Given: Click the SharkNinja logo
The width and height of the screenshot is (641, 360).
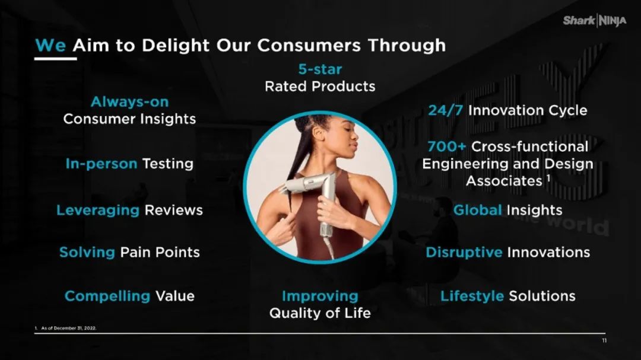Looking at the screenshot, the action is (594, 20).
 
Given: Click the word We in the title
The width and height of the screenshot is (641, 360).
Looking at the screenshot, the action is (50, 45).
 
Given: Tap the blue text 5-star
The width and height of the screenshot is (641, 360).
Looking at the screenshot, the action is (320, 69).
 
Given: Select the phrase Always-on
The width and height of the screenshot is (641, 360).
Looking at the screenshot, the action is (129, 102).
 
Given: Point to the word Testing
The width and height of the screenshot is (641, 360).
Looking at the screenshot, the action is (167, 164).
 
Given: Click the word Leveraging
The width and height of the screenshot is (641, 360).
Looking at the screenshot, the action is (98, 211).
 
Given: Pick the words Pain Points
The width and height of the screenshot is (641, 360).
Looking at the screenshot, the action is (160, 253).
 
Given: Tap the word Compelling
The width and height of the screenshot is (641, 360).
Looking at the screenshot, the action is (107, 297).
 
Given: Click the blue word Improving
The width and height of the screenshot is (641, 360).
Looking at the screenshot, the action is (320, 297).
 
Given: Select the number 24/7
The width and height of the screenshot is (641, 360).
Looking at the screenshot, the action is (446, 110).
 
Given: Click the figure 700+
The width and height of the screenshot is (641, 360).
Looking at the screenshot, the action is (447, 146).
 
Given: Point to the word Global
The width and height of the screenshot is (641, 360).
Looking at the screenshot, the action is (477, 210).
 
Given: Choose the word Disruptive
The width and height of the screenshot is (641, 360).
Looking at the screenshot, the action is (464, 253).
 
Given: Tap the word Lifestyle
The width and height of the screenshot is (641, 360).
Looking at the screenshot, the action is (472, 297).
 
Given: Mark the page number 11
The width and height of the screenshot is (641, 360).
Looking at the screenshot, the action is (604, 340).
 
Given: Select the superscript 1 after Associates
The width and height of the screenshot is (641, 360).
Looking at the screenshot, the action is (548, 178).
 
